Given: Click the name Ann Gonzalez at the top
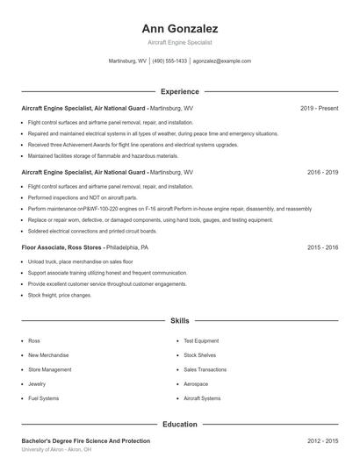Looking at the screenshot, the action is tap(179, 28).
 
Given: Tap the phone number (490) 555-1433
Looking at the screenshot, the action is tap(169, 61).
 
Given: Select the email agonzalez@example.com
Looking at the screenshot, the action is tap(222, 61).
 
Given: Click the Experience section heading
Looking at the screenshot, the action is tap(179, 91).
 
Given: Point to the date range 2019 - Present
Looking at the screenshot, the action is tap(319, 108).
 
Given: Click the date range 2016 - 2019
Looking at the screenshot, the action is tap(322, 173).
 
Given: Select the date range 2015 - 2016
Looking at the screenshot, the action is tap(322, 248).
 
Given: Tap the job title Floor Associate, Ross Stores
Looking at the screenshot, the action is tap(61, 248).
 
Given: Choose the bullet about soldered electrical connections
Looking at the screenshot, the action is tap(92, 231).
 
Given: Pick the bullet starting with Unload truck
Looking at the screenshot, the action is tap(80, 261).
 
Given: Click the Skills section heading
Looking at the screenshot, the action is tap(179, 321).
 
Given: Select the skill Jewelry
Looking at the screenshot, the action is tap(37, 383).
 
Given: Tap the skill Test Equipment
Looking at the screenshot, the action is tap(201, 340).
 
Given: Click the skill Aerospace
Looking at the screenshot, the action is tap(196, 383).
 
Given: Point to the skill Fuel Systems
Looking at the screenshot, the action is tap(43, 398).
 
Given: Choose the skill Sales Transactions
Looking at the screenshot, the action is tap(205, 369).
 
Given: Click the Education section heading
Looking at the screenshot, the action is tap(179, 424).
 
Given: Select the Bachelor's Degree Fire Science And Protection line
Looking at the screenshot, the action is tap(85, 440).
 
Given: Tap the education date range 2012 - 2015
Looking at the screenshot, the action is tap(322, 440).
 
